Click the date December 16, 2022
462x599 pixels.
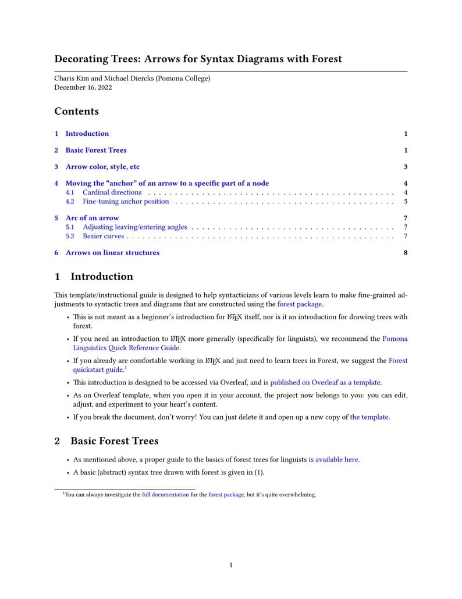coord(83,88)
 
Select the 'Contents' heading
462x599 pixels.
coord(76,111)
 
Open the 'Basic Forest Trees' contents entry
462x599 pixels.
coord(95,150)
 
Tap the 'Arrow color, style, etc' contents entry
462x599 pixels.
coord(102,167)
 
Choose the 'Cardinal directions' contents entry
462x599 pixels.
coord(112,192)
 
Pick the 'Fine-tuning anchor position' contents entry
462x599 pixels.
coord(126,202)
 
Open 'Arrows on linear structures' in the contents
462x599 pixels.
coord(112,253)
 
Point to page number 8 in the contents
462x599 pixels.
coord(406,253)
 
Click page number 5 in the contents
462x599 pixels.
coord(406,202)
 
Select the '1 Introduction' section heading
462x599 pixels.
coord(94,277)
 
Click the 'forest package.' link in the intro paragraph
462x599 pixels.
coord(300,304)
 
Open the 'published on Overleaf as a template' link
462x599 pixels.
coord(325,383)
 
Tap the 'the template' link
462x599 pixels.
coord(369,417)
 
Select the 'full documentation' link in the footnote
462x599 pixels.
coord(165,495)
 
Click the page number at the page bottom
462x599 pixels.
coord(231,565)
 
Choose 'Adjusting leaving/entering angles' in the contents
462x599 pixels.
coord(135,227)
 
